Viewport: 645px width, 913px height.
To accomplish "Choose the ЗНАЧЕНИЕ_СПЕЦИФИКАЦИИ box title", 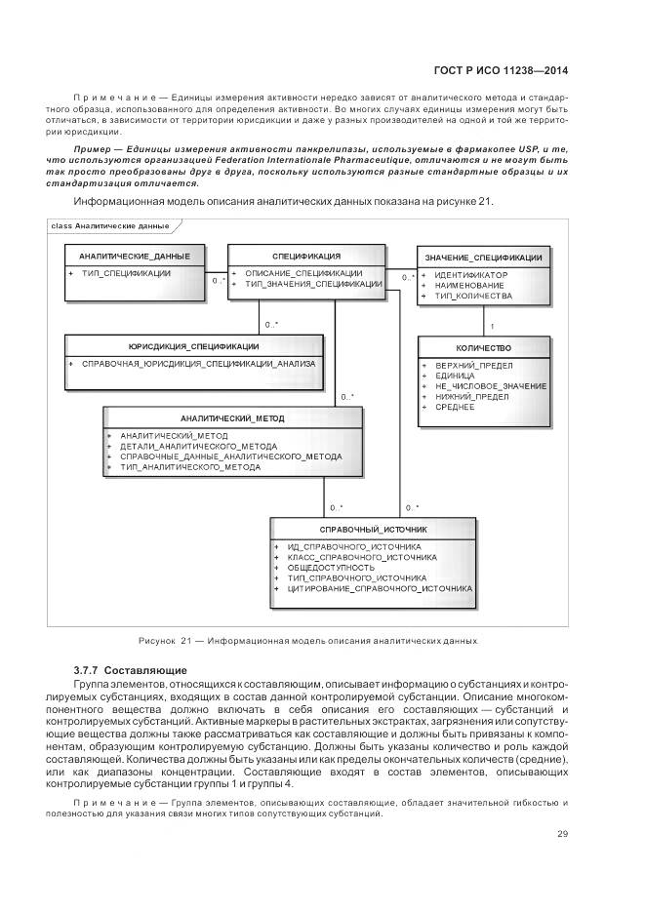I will click(483, 258).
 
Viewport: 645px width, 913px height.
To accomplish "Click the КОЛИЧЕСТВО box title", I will click(483, 348).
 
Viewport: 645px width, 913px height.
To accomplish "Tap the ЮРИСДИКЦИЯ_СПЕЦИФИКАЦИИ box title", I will click(193, 346).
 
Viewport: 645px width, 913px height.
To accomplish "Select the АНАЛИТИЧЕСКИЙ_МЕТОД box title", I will click(232, 417).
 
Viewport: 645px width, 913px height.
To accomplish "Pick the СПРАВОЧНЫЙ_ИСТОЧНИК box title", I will click(373, 529).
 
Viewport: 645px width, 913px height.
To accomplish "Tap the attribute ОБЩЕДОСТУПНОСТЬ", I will click(331, 568).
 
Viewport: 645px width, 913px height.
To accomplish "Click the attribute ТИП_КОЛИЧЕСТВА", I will click(472, 295).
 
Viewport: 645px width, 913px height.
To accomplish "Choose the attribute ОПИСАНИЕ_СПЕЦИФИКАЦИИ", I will click(303, 274).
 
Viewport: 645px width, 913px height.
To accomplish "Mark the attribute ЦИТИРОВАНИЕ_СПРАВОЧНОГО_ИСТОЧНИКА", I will click(380, 589).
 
